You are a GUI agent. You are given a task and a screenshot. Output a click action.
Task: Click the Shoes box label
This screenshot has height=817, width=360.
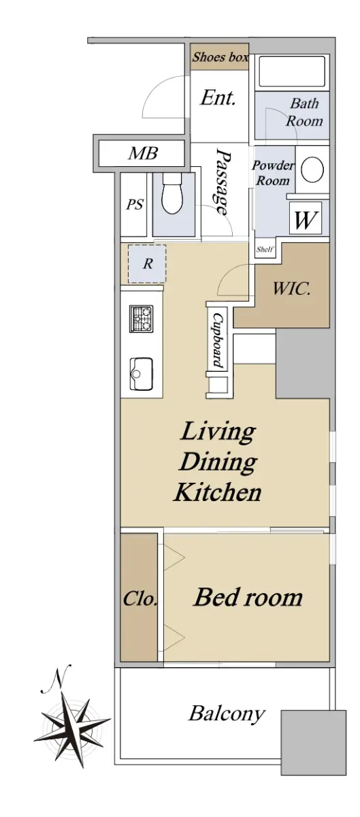(220, 57)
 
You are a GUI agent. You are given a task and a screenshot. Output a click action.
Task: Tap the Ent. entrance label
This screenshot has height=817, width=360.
(218, 98)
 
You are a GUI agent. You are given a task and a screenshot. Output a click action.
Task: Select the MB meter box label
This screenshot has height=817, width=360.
(143, 154)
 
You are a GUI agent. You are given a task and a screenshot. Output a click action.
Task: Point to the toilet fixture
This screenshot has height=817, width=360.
(173, 193)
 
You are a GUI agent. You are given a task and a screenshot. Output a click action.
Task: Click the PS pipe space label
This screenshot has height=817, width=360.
(135, 204)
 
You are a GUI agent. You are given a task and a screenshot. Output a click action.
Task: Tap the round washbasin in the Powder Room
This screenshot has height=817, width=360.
(312, 170)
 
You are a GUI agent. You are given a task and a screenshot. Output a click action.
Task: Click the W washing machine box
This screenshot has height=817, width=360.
(306, 218)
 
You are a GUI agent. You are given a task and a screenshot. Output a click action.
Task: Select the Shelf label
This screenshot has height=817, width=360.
(265, 249)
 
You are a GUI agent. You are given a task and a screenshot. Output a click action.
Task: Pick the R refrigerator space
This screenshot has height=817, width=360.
(147, 263)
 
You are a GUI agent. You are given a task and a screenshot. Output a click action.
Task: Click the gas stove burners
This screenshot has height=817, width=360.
(141, 319)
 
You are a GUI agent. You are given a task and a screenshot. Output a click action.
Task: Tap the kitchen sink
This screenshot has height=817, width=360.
(142, 374)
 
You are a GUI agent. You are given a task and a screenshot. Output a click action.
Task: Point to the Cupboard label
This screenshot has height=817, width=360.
(218, 340)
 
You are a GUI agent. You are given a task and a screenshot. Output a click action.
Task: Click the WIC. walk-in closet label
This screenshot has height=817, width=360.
(291, 289)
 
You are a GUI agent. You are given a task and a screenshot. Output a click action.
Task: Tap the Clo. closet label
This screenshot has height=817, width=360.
(140, 598)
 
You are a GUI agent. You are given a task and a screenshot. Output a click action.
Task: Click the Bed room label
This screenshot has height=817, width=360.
(248, 598)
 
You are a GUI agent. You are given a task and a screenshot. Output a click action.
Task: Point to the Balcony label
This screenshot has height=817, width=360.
(227, 713)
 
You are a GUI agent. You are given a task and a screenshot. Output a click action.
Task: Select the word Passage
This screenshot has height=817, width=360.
(223, 181)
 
